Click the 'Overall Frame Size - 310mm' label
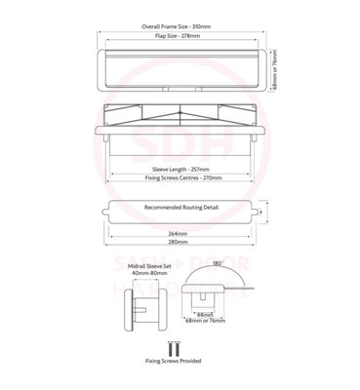(180, 27)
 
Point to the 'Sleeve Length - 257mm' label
(180, 168)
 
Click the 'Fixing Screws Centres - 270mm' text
(180, 178)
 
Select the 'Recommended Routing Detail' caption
(181, 208)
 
